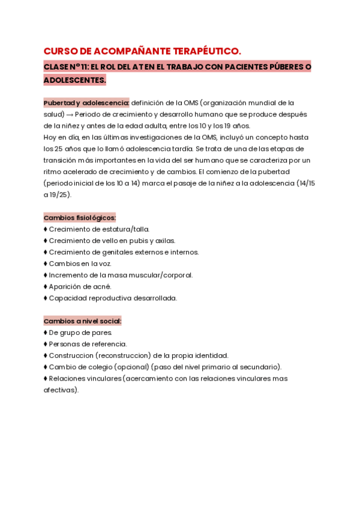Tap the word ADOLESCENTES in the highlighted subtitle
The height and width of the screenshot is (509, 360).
(x=74, y=80)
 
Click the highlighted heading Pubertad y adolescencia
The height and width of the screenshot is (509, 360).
(x=86, y=103)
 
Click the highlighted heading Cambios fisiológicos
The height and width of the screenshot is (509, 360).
(x=80, y=217)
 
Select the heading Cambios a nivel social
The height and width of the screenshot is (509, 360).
(x=82, y=321)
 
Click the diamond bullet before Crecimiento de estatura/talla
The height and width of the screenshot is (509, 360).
(x=46, y=229)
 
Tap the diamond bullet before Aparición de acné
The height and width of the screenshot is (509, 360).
(x=46, y=286)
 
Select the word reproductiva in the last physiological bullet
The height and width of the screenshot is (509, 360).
(x=106, y=298)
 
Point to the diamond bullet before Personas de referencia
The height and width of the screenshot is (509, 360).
(x=46, y=344)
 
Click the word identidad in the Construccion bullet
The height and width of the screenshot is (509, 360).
(x=211, y=355)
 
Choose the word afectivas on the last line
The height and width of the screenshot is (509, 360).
(x=60, y=390)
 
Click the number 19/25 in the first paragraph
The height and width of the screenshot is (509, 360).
(x=59, y=194)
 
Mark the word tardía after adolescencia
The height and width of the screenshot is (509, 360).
(x=186, y=149)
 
